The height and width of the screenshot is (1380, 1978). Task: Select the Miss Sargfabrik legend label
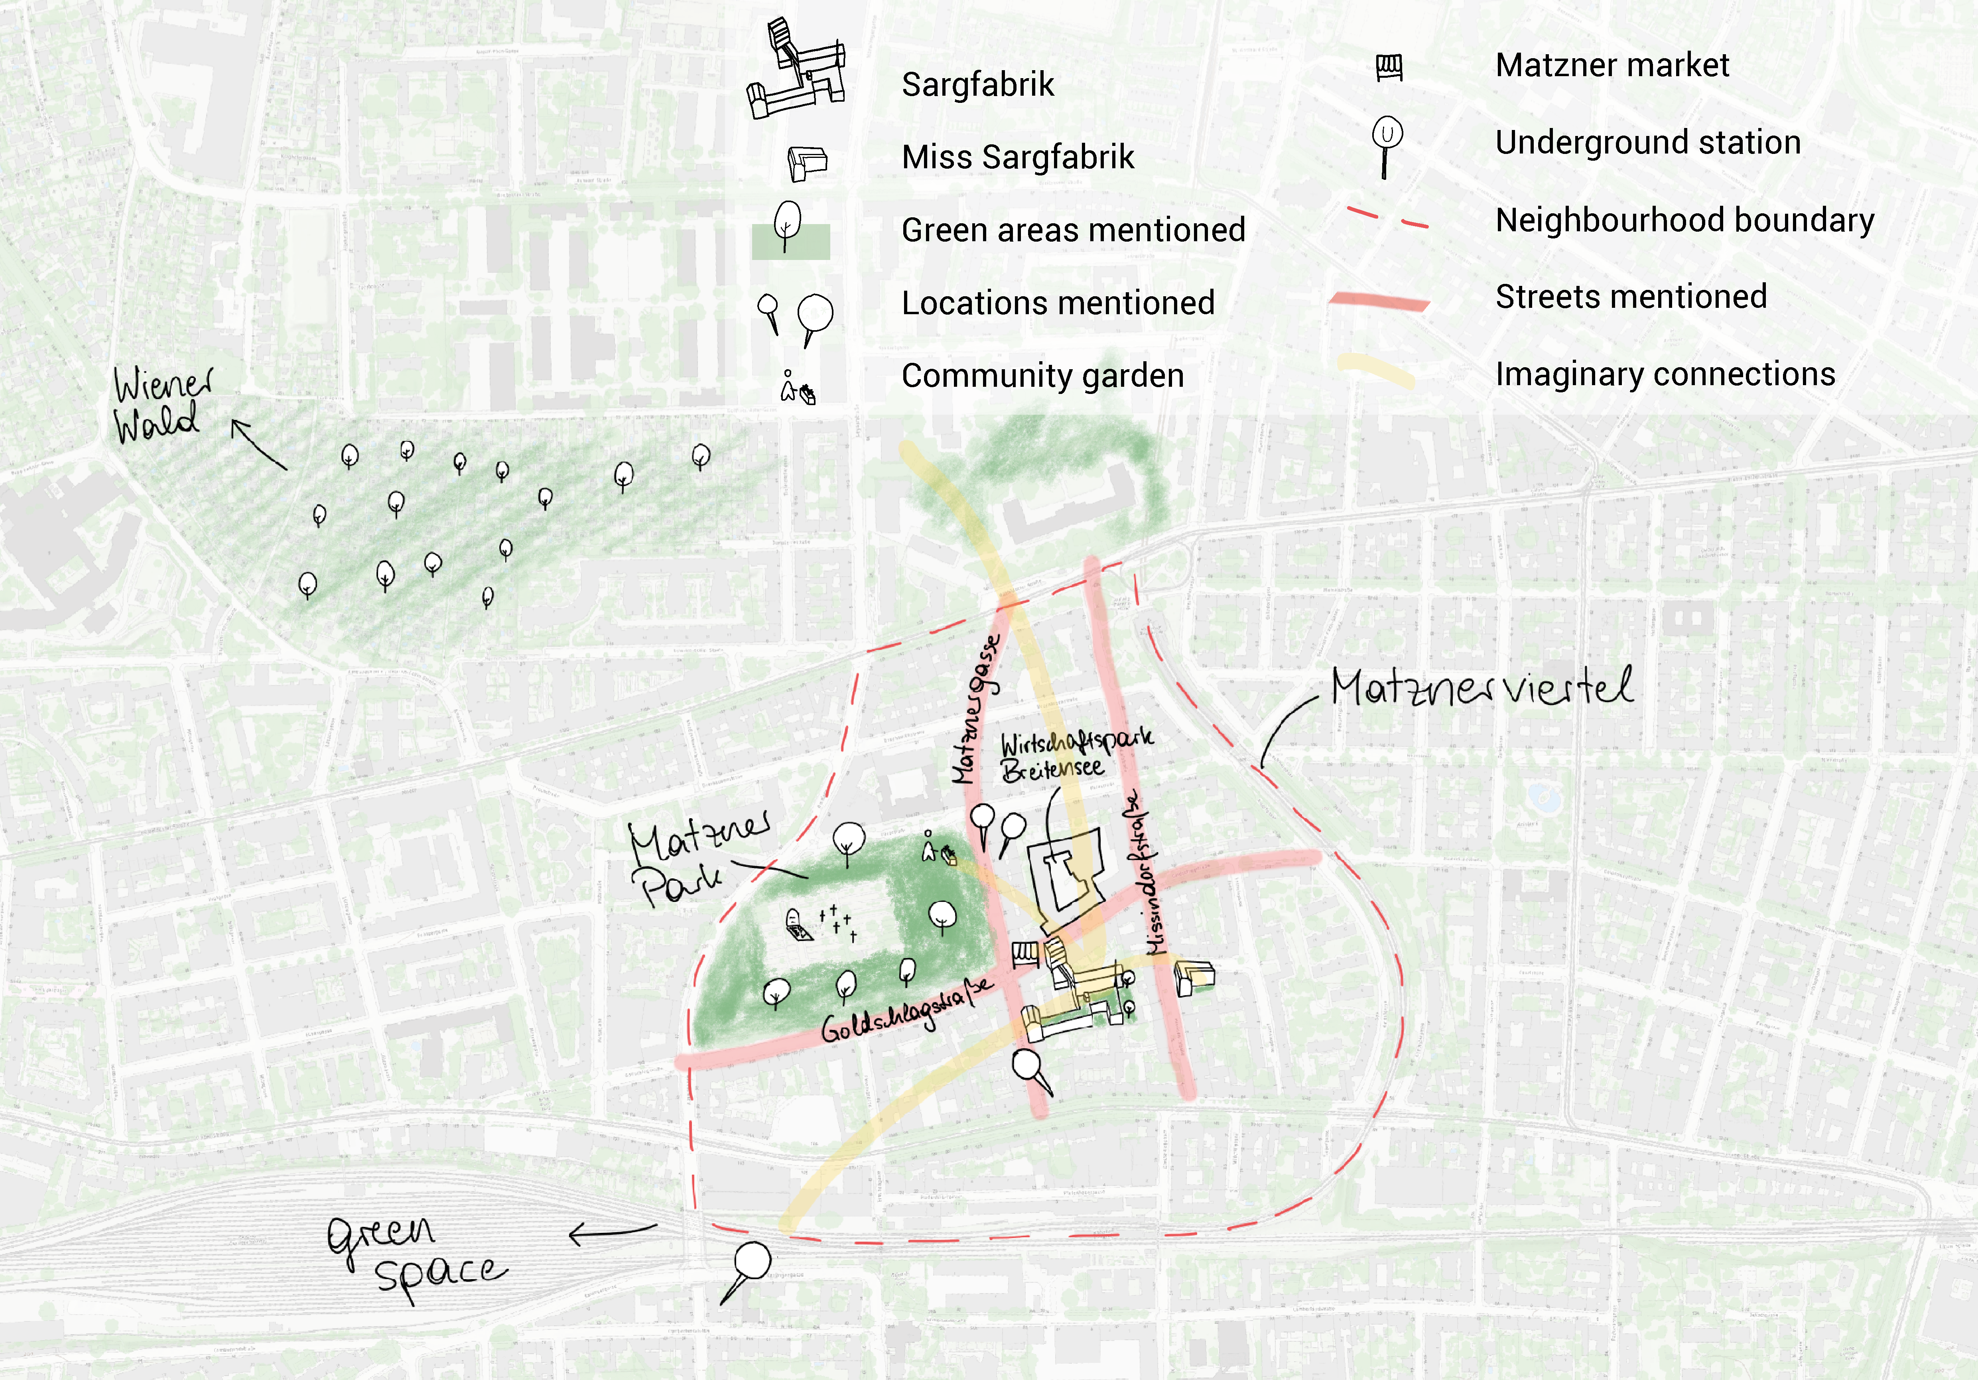click(x=1017, y=157)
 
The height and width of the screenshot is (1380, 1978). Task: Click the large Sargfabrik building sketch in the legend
click(x=797, y=69)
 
